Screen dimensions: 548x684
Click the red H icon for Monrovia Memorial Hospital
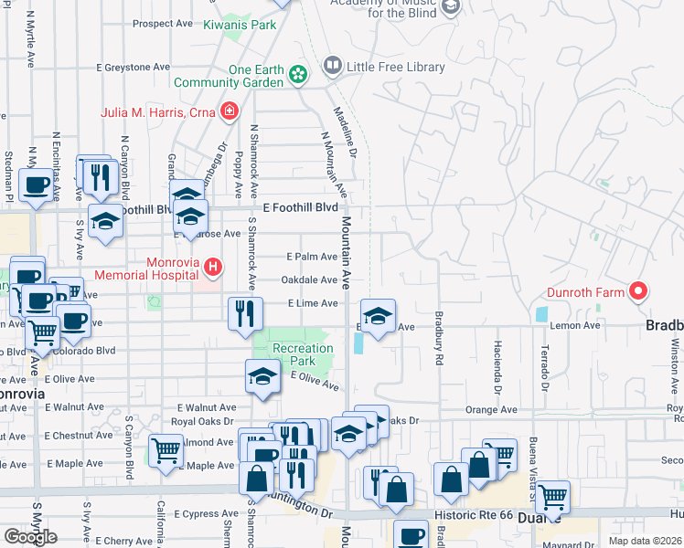(x=212, y=268)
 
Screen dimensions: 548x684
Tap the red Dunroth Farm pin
(x=638, y=292)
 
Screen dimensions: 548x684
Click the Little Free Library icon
(x=332, y=67)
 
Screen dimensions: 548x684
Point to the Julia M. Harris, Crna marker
(x=229, y=112)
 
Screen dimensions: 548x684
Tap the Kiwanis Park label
(x=240, y=25)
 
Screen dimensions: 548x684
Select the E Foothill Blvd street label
(x=300, y=208)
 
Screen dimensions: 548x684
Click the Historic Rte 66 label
(x=482, y=515)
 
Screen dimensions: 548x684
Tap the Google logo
(x=30, y=537)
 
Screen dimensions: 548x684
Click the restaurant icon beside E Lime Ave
(x=244, y=314)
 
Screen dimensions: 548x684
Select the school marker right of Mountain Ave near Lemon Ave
(x=378, y=316)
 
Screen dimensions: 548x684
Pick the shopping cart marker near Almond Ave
(x=166, y=450)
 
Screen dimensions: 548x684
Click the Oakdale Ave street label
(x=310, y=280)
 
